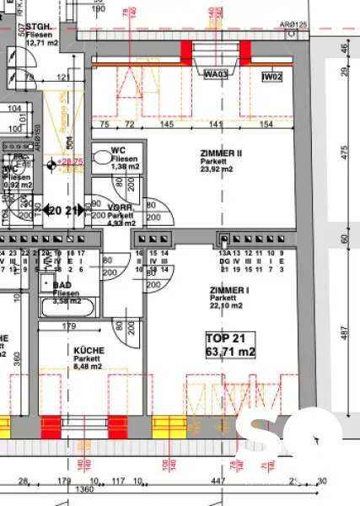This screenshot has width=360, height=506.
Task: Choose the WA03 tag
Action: (x=217, y=74)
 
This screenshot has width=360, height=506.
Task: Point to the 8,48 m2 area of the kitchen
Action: (x=88, y=367)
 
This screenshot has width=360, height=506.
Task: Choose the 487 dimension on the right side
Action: (x=344, y=336)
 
